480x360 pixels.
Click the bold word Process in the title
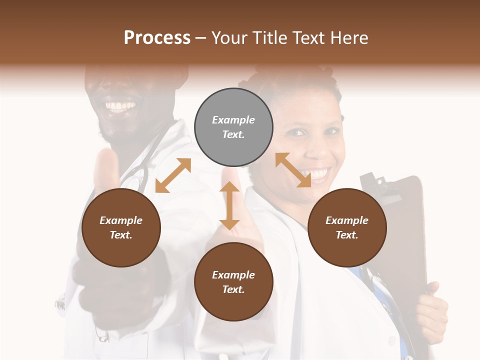pos(157,37)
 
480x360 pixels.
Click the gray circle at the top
pos(233,127)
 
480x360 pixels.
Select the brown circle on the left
pos(121,227)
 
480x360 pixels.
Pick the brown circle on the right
pos(347,227)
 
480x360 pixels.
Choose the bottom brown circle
pos(233,282)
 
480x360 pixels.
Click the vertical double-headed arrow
pos(229,205)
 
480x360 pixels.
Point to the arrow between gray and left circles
pos(173,175)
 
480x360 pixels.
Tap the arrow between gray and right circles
pos(293,170)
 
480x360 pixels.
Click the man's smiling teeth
pos(120,106)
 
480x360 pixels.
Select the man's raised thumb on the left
pos(106,167)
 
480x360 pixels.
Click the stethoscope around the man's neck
pos(136,175)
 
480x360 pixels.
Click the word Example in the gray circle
pos(233,120)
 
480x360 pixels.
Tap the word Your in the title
pos(231,37)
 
